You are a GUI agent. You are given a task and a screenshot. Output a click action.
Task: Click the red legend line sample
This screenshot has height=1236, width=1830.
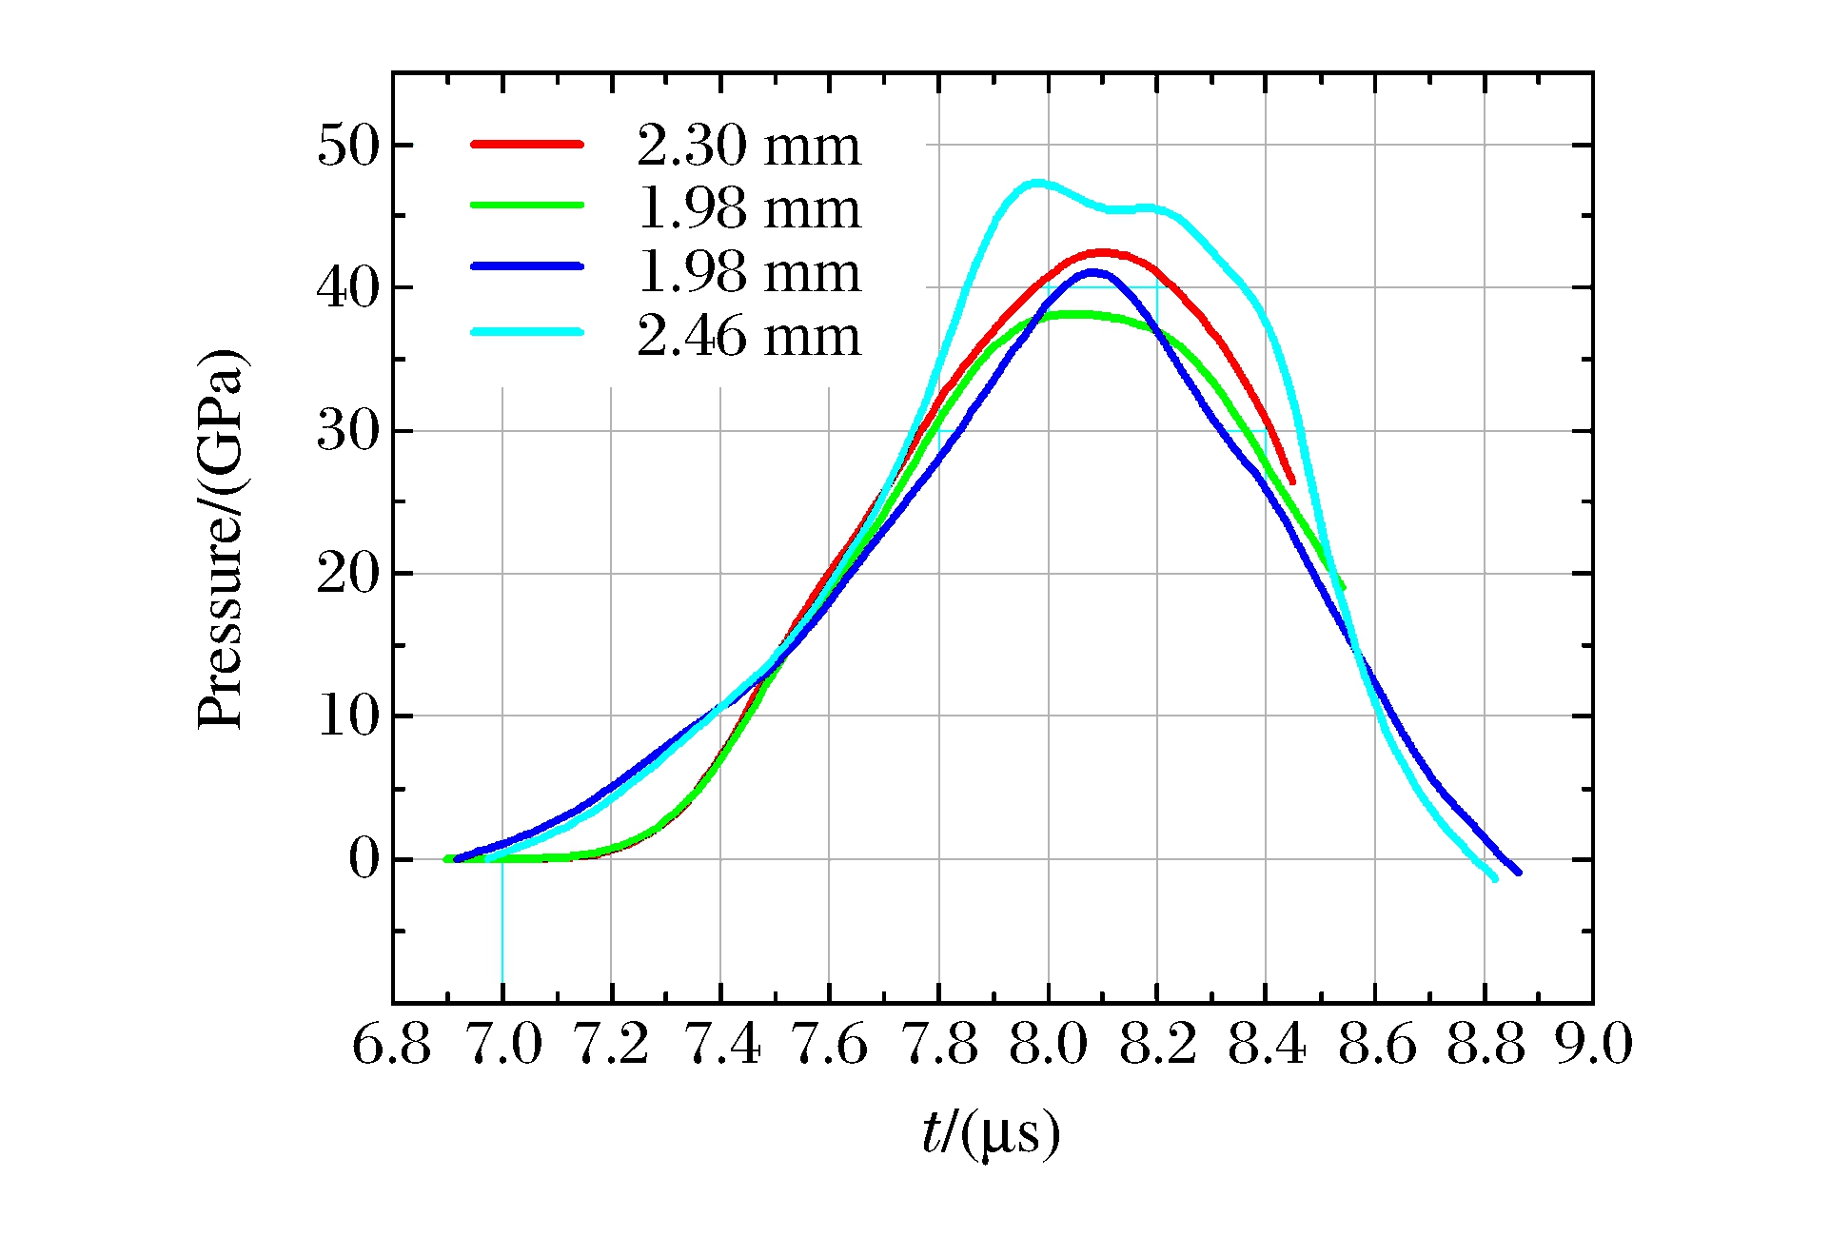tap(526, 144)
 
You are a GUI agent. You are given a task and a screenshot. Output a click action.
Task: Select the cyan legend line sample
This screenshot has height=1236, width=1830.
tap(526, 332)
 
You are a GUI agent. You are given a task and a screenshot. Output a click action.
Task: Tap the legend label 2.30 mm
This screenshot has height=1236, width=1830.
tap(748, 147)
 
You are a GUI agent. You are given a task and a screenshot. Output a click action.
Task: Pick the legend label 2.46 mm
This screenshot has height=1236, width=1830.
tap(748, 336)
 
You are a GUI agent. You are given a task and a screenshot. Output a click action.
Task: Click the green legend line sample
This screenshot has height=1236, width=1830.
tap(526, 205)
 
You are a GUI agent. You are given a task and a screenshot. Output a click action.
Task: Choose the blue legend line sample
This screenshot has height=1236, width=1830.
tap(526, 266)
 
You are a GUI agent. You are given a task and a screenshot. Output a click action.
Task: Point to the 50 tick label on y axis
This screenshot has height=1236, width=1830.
tap(348, 147)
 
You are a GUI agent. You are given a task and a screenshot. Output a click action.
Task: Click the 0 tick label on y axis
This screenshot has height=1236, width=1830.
tap(364, 860)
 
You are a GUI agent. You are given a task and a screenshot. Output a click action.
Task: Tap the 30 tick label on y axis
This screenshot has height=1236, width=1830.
tap(348, 432)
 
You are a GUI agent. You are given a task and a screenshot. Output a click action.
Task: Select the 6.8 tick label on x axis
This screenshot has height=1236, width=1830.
tap(392, 1045)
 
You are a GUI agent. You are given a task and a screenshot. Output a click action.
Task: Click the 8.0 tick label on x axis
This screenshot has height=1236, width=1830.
tap(1048, 1045)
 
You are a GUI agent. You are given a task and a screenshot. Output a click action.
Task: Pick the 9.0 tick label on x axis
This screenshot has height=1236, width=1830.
tap(1594, 1045)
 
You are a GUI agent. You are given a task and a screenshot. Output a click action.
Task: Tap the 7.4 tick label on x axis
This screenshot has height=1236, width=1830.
tap(720, 1045)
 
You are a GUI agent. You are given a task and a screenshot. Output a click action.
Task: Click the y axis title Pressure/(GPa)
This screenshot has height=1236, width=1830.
tap(222, 539)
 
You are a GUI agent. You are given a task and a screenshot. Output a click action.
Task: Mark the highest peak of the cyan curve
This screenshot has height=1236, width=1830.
tap(1037, 182)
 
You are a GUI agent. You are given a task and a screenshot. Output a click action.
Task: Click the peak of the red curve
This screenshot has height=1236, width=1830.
tap(1102, 252)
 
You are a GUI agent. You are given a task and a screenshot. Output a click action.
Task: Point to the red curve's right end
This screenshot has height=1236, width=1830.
tap(1291, 481)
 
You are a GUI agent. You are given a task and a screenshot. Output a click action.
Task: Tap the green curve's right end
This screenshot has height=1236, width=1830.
tap(1342, 587)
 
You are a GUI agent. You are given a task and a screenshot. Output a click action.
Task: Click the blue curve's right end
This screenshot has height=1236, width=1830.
tap(1518, 872)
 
